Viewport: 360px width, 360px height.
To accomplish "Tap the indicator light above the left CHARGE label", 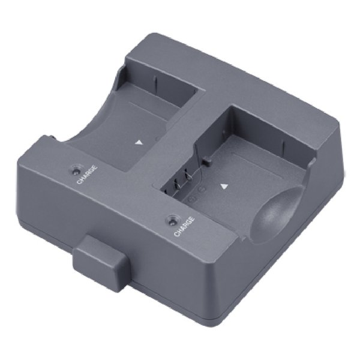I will [77, 166].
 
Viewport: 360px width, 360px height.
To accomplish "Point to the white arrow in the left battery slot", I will [139, 143].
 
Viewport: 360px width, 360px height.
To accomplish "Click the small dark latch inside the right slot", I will [205, 161].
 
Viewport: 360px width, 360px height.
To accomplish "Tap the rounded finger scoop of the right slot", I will [278, 211].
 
